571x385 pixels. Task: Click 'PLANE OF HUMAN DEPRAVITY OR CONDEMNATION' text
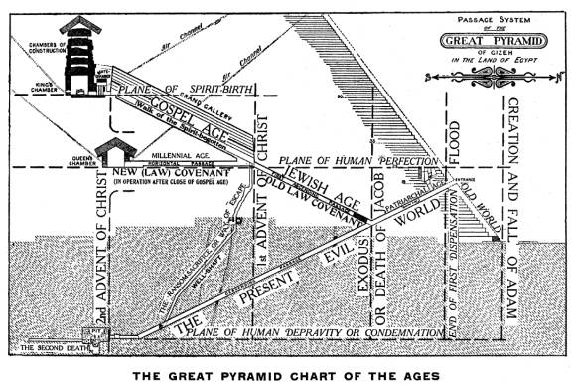pyautogui.click(x=298, y=331)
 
